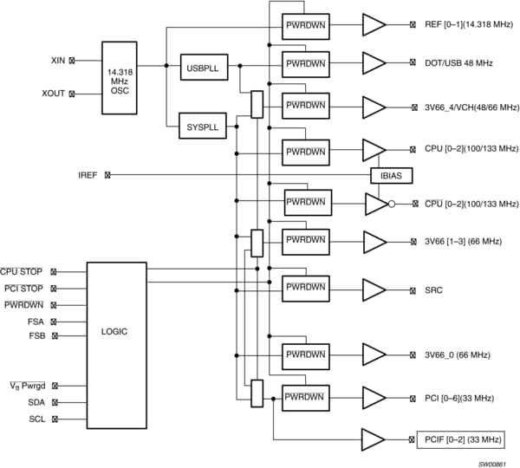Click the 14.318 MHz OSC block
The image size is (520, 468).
click(120, 77)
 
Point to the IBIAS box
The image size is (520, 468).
click(392, 175)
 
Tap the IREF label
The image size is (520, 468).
click(88, 175)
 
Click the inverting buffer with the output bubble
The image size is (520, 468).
click(378, 204)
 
